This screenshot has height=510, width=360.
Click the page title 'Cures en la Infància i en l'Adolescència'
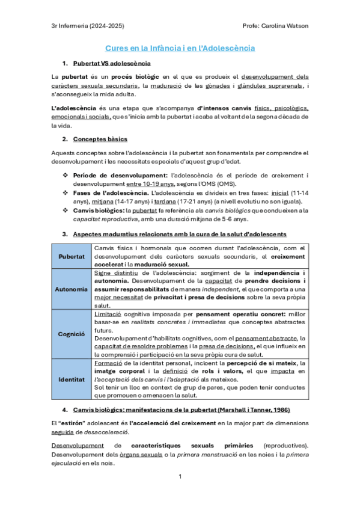180,48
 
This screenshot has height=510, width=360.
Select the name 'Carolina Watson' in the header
287,25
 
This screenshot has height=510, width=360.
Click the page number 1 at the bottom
180,476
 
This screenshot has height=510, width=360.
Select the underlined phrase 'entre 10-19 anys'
150,183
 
